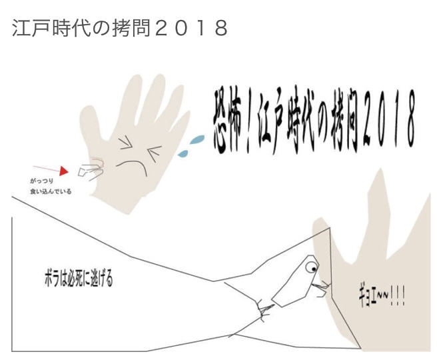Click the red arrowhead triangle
(x=64, y=171)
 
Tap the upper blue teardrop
(x=197, y=139)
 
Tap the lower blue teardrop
(x=183, y=153)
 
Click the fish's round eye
(x=312, y=267)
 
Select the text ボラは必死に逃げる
(x=79, y=279)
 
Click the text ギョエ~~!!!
(x=382, y=297)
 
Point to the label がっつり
(x=41, y=181)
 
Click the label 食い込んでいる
(x=51, y=191)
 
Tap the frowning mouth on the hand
(x=132, y=167)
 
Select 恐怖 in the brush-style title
(x=228, y=121)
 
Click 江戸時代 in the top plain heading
(x=51, y=28)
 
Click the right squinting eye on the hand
(x=155, y=153)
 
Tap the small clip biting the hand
(x=90, y=171)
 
